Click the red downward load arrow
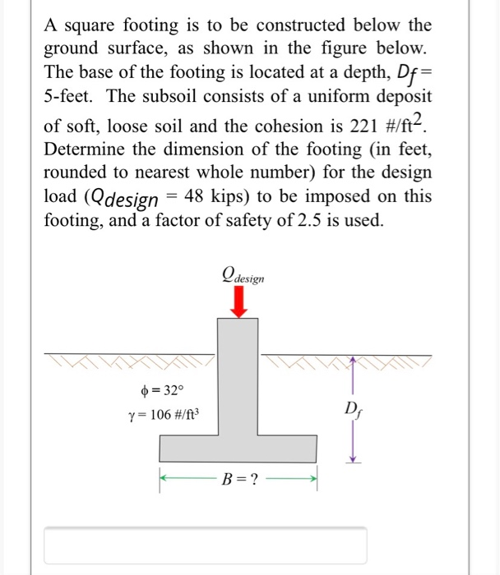(238, 305)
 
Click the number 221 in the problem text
(349, 126)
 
